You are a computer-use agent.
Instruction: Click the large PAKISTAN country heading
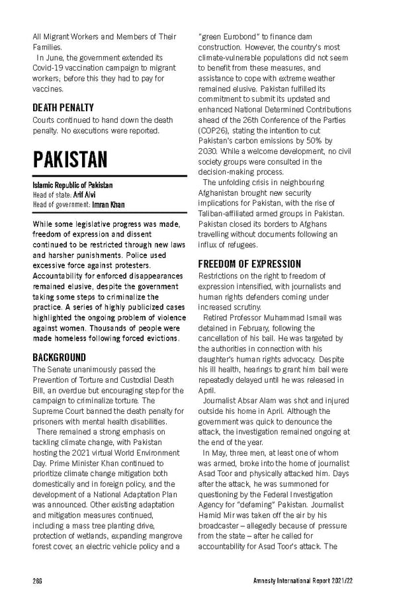coord(70,159)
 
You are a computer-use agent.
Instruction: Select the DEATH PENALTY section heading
coord(63,107)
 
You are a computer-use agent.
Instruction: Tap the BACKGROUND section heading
coord(59,357)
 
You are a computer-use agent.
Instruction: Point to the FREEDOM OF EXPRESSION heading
coord(249,263)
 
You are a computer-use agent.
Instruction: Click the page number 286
coord(38,580)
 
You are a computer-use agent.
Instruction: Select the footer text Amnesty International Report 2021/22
coord(309,580)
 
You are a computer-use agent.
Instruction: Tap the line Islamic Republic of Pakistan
coord(72,185)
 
